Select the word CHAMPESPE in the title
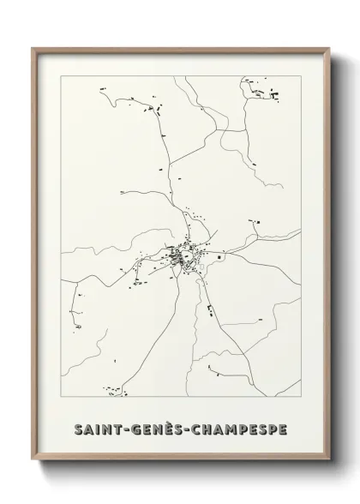point(239,427)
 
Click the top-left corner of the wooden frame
point(33,49)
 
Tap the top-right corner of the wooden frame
point(328,49)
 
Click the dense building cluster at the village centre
point(181,255)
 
